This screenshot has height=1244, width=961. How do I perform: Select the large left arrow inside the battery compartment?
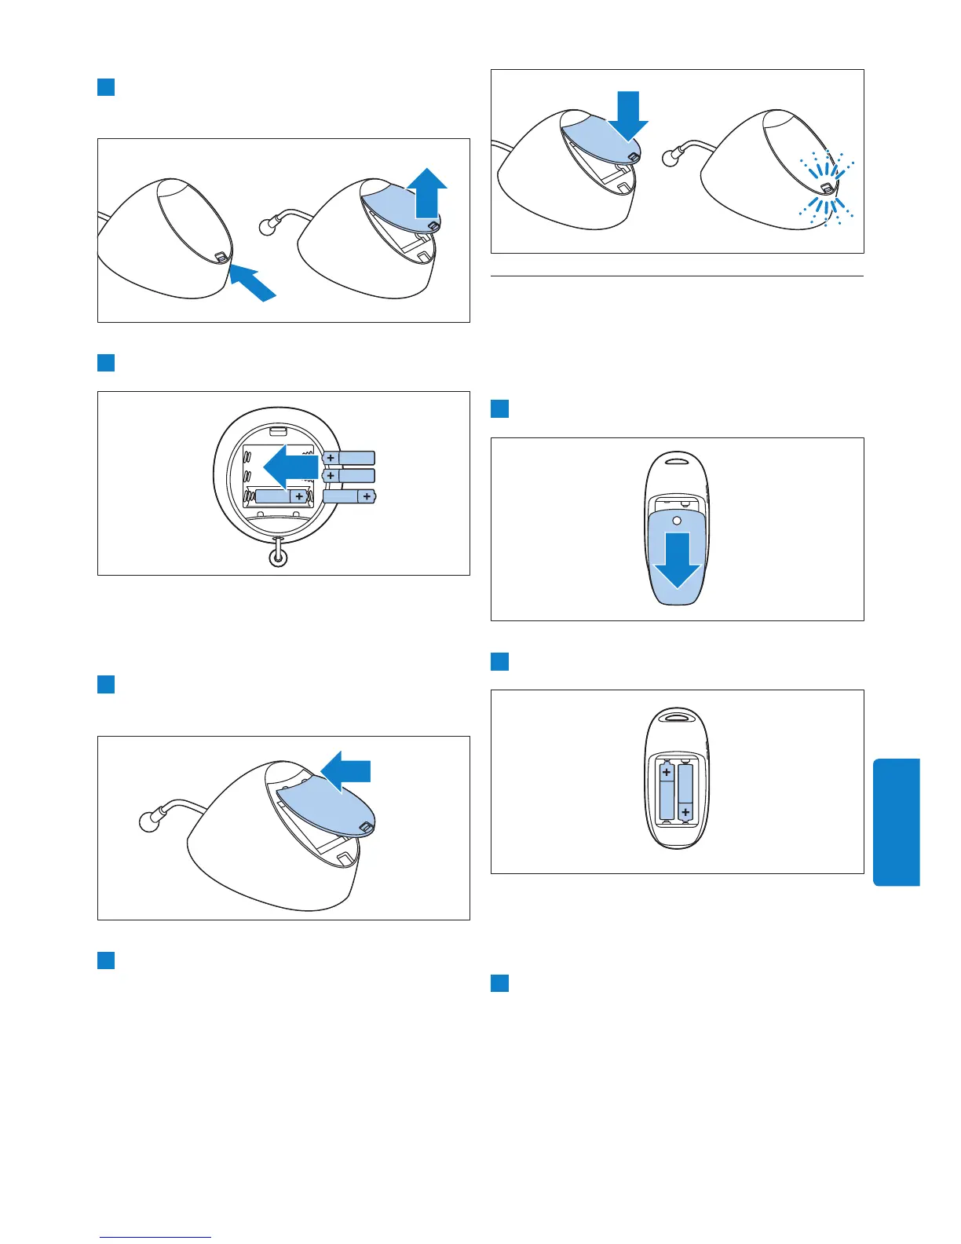(289, 466)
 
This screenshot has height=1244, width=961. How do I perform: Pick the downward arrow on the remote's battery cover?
(676, 559)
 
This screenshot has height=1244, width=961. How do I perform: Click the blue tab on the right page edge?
(896, 821)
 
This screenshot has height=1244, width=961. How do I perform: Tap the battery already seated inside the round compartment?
(280, 496)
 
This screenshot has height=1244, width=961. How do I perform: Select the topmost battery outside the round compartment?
(349, 458)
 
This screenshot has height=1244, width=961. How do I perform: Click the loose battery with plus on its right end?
(349, 496)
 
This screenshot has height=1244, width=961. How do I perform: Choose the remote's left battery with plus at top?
(667, 793)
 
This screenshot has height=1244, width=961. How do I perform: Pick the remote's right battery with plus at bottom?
(685, 793)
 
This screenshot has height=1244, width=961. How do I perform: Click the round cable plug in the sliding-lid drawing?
(148, 821)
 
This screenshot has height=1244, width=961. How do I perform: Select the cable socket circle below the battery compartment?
(278, 557)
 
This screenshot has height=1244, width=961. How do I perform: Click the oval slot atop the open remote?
(677, 716)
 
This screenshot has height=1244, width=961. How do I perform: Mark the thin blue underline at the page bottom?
(155, 1238)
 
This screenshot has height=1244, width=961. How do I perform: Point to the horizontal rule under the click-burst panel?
(677, 276)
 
